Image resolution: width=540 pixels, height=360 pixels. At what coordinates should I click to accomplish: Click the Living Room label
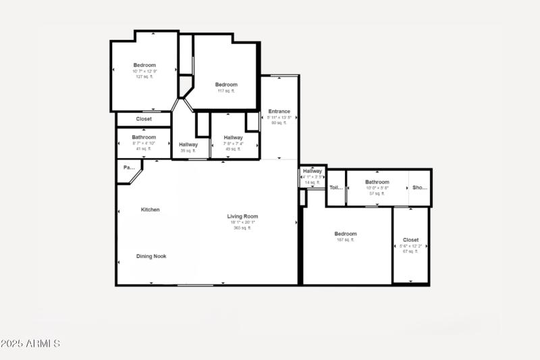tap(242, 216)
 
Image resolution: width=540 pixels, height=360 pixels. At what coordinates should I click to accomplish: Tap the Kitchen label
tap(150, 209)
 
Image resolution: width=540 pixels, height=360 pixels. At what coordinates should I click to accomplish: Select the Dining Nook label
tap(151, 256)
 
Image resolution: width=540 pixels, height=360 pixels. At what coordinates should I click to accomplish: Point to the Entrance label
tap(279, 111)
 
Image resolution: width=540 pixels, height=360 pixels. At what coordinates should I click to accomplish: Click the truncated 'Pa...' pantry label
tap(128, 167)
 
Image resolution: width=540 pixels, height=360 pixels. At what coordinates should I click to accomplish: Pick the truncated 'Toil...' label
tap(336, 188)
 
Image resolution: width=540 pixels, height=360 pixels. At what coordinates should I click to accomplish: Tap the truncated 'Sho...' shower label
tap(420, 188)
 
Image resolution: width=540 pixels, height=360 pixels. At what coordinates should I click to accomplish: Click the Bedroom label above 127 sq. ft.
tap(144, 65)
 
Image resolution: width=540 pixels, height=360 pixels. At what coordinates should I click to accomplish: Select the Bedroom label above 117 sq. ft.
tap(226, 84)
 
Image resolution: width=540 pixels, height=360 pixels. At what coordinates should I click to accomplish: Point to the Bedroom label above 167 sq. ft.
tap(345, 234)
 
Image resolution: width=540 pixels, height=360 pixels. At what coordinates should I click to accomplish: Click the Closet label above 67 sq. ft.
tap(410, 240)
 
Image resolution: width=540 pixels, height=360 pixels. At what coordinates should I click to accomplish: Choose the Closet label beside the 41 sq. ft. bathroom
tap(144, 119)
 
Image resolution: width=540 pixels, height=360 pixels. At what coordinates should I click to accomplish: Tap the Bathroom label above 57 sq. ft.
tap(377, 182)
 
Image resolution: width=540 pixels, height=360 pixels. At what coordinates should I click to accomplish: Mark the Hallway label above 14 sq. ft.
tap(312, 172)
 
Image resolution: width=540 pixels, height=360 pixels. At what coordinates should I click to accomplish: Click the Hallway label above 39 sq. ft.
tap(188, 144)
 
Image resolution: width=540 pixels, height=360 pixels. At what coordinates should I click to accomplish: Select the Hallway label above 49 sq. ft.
tap(233, 137)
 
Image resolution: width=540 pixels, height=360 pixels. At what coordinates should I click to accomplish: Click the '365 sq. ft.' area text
tap(242, 228)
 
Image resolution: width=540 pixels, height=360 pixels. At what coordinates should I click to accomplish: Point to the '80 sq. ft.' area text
tap(279, 123)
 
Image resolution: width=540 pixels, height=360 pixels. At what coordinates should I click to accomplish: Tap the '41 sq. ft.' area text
tap(144, 149)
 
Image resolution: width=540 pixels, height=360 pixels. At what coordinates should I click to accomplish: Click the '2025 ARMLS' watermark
tap(30, 344)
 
